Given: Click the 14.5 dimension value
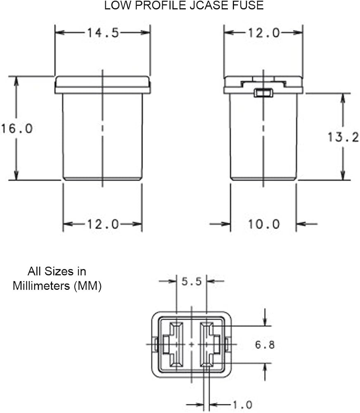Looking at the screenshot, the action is (x=102, y=33).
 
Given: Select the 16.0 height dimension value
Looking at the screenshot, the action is (x=16, y=128).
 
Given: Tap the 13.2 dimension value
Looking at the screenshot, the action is (x=343, y=137).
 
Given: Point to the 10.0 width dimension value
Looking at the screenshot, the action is (x=263, y=224).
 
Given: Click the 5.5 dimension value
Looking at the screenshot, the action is (x=192, y=282).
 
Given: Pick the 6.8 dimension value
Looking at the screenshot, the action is (x=265, y=344).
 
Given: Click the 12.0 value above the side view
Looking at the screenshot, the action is (x=263, y=33).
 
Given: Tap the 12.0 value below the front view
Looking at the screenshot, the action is (x=102, y=224).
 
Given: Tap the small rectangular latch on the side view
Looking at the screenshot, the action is (x=263, y=93).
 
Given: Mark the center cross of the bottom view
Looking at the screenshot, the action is (x=191, y=344).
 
